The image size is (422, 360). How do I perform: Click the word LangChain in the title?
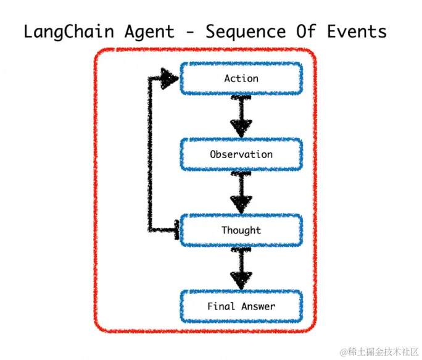[x=69, y=32]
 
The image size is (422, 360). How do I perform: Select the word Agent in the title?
[x=149, y=32]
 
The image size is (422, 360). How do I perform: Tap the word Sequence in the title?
[x=246, y=32]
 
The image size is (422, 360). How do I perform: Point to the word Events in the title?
[x=357, y=31]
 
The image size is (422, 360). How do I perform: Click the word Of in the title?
[x=306, y=31]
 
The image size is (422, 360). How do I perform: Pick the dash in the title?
[x=190, y=32]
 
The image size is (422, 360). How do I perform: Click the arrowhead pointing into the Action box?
[x=169, y=78]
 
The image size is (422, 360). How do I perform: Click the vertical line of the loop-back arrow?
[x=150, y=154]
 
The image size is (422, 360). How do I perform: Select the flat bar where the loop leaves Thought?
[x=177, y=230]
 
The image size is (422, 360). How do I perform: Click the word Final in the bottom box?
[x=221, y=306]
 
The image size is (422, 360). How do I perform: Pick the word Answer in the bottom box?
[x=258, y=306]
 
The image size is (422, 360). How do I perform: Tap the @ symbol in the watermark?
[x=344, y=352]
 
